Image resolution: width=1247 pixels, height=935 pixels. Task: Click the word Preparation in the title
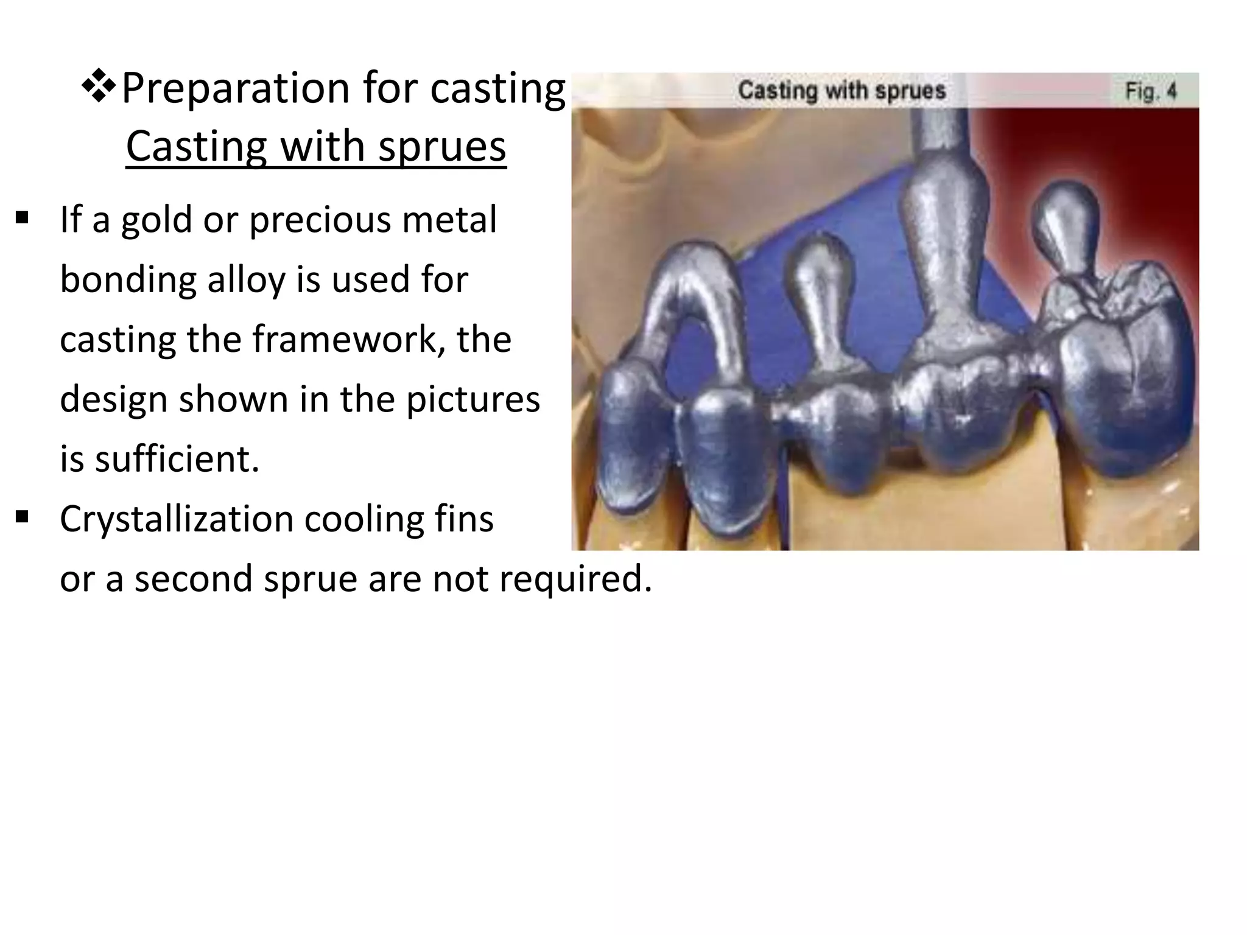click(236, 89)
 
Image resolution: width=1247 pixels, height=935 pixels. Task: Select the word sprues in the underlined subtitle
click(442, 147)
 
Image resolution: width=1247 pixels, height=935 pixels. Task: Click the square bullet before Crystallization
click(23, 517)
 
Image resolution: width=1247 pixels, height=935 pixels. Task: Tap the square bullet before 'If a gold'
click(23, 218)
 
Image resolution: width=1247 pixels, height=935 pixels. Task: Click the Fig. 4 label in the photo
click(1150, 91)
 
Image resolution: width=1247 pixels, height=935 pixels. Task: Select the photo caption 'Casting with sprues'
click(841, 91)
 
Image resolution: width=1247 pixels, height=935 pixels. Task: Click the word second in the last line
click(191, 578)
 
